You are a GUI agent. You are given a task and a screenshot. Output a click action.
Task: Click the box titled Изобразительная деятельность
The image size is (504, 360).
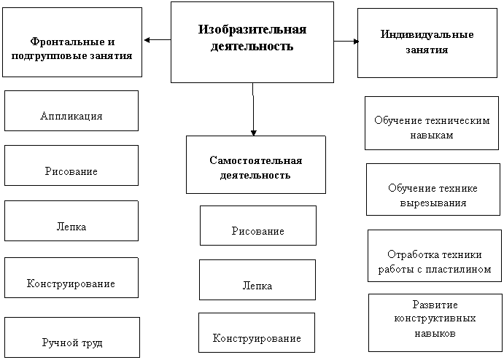point(252,42)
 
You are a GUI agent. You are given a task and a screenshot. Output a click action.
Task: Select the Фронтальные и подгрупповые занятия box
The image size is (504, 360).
point(72,42)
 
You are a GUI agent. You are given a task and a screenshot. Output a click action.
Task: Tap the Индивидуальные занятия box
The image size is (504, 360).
point(427,43)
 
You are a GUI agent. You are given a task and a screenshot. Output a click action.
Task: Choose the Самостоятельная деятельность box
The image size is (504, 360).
point(256,165)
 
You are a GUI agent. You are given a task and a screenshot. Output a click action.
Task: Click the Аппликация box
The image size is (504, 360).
point(71,111)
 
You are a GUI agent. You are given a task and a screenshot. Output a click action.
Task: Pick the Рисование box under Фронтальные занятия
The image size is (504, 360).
point(71,165)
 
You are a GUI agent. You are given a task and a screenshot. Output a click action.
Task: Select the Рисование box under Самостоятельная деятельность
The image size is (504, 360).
point(258,225)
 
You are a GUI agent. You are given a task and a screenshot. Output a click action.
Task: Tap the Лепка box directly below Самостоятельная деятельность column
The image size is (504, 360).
point(257,280)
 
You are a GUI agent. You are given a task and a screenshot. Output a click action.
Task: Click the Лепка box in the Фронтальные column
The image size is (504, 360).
point(71,221)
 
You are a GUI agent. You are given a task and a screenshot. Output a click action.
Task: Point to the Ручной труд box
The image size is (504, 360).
point(72,337)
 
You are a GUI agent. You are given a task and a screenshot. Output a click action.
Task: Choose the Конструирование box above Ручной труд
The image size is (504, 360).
point(71,278)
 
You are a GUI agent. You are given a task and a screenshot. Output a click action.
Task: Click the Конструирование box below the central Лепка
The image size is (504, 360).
point(257,333)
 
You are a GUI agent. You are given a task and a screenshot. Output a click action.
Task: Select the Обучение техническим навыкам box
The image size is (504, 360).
point(432,123)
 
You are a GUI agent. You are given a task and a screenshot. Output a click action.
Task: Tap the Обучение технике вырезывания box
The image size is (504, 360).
point(433,189)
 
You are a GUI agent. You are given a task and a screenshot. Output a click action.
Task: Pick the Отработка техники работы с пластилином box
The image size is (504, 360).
point(435,256)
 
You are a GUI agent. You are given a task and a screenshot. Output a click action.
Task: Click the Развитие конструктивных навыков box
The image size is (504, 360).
point(435,323)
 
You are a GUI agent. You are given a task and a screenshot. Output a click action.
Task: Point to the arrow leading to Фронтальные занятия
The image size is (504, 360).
point(158,40)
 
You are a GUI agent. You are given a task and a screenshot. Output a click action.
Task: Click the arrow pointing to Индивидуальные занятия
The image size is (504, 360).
point(346,41)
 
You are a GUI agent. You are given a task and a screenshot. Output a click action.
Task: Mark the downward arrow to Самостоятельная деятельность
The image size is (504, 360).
point(253,109)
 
